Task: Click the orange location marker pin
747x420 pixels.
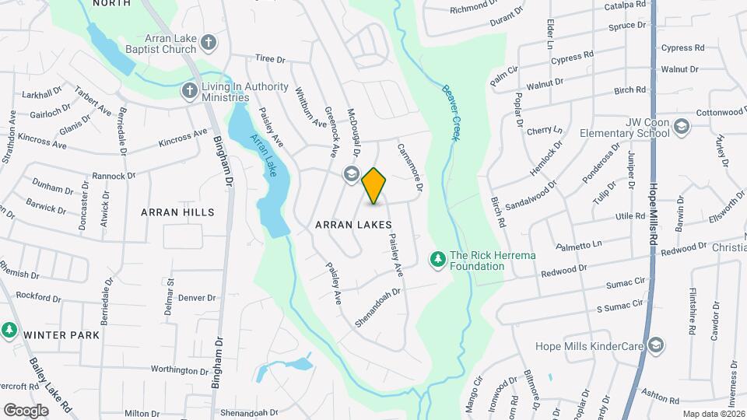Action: [373, 185]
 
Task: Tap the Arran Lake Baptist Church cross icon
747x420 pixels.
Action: [208, 43]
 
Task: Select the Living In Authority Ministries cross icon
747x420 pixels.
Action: [189, 91]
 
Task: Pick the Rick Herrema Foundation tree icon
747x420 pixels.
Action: [438, 259]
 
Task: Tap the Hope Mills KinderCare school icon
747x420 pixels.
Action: [656, 345]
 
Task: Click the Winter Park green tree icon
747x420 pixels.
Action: [9, 330]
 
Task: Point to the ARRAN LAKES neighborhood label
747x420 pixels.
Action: [352, 224]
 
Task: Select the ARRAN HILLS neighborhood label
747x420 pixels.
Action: [177, 212]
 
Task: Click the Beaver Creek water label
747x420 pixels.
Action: [449, 112]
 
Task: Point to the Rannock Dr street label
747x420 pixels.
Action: [114, 176]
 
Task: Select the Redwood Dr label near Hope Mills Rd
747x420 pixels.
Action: [651, 248]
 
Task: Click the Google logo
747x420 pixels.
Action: [26, 410]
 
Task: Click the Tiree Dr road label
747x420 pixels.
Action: [271, 58]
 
